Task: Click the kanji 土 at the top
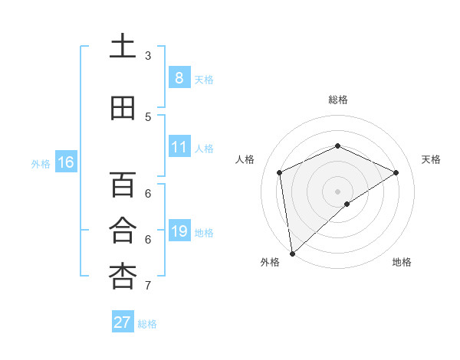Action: point(123,47)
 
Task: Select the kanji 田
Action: point(123,109)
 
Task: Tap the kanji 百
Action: point(123,185)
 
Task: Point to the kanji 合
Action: point(123,231)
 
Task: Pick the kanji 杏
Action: point(123,277)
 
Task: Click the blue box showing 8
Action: point(179,77)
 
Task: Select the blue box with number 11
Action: point(179,147)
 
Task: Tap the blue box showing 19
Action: point(179,231)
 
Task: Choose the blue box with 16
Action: point(66,162)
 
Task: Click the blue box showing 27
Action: point(123,322)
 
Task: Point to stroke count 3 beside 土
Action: point(148,56)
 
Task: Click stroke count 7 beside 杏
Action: point(148,286)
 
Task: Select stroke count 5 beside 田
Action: point(148,117)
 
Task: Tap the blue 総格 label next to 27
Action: point(147,324)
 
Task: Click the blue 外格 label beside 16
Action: point(41,164)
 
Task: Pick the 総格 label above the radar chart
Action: point(337,100)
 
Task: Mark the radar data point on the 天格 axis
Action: point(396,172)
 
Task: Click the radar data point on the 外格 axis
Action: point(291,254)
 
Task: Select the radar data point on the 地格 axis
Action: point(347,204)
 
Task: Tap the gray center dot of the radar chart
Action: point(337,191)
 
